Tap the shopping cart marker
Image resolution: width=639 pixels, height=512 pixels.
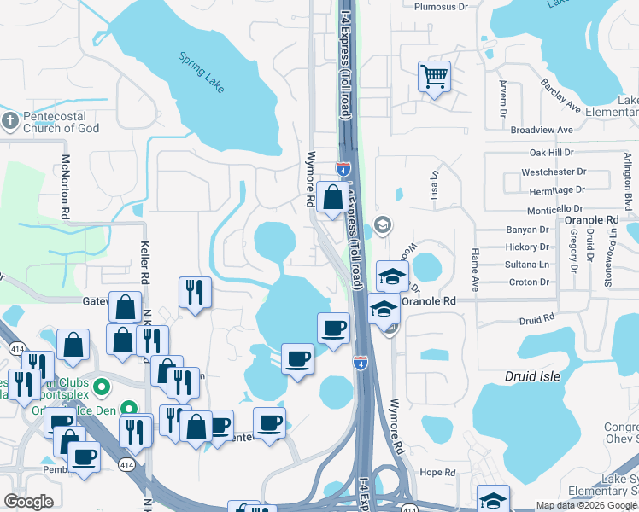pos(434,77)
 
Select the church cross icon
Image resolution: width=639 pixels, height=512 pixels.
pos(9,121)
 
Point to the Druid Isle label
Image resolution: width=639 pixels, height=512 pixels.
pos(548,376)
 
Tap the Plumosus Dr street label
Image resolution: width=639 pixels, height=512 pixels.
pos(441,6)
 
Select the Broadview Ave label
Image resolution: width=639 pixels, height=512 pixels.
pos(541,130)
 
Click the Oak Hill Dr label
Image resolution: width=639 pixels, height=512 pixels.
pos(552,152)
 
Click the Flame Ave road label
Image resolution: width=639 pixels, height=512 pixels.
pos(474,266)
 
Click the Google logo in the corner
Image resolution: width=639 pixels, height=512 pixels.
pos(28,502)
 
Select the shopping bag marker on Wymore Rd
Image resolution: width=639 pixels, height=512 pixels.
pos(331,198)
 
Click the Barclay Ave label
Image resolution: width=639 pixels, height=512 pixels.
pos(560,96)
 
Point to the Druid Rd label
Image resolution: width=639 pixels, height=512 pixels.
pos(536,319)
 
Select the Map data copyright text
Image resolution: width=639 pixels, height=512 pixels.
pos(587,505)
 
